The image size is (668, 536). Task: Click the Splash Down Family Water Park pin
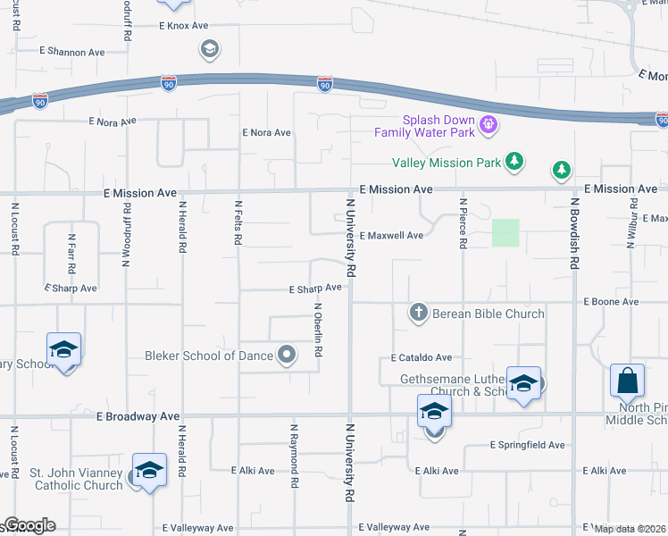[488, 124]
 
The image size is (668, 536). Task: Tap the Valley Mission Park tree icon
[514, 162]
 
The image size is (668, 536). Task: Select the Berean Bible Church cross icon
[418, 313]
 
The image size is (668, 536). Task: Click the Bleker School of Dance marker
[287, 356]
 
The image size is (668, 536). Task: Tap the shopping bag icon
[627, 381]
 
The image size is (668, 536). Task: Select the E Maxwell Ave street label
[392, 236]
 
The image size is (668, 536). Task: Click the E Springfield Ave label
[528, 445]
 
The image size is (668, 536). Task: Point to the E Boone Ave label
[611, 302]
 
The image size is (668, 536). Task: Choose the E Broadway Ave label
[138, 416]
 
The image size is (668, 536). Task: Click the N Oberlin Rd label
[318, 329]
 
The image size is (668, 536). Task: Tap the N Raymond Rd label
[293, 456]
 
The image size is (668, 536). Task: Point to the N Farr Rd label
[71, 254]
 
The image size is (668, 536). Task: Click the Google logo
[29, 525]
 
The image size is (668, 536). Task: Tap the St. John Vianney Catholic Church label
[76, 479]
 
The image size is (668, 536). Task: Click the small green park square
[505, 233]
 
